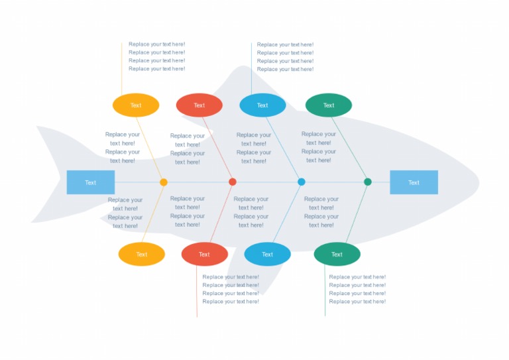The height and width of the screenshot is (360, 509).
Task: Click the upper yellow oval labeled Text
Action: pos(136,105)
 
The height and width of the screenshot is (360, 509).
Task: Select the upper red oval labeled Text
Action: pos(199,105)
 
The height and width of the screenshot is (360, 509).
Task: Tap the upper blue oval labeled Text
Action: pos(262,105)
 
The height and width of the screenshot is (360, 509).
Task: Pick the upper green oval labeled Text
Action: pos(329,105)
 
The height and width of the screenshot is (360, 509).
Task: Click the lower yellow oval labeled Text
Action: pos(142,255)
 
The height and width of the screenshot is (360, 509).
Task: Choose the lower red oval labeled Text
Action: pos(204,255)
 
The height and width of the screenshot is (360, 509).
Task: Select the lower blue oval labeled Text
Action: pos(267,255)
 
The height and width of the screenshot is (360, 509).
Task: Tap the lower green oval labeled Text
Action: pos(337,255)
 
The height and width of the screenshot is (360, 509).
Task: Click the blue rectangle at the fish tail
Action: pos(91,182)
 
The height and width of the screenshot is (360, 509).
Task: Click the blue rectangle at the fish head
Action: pos(414,182)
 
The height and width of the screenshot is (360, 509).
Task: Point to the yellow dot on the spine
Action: pos(164,182)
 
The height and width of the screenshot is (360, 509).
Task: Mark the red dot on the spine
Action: pos(233,182)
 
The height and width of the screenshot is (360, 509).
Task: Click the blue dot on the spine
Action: pos(302,182)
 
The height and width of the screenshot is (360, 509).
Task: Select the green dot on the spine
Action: pos(368,182)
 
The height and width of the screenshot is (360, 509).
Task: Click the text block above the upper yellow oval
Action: pos(157,56)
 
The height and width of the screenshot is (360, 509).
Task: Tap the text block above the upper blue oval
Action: pos(285,57)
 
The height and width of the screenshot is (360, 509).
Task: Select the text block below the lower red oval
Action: pos(231,289)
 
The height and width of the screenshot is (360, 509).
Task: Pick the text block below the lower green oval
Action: pos(357,289)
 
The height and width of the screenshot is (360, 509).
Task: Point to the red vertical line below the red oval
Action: pos(197,292)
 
